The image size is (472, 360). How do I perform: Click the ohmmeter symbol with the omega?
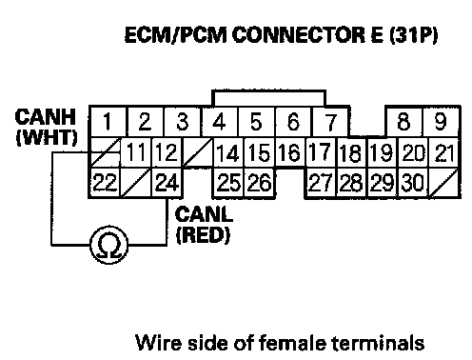[109, 245]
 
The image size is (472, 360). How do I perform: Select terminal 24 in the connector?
[167, 183]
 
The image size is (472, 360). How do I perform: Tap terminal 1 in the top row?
[108, 122]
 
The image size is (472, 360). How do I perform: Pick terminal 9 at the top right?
[441, 122]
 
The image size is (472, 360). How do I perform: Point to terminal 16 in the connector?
[290, 152]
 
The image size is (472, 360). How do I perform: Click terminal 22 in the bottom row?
[105, 183]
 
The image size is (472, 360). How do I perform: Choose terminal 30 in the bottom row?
[413, 183]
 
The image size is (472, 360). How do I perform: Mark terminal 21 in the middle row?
[443, 152]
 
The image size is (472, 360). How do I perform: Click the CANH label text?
[46, 117]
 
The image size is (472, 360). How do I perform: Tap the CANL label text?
[204, 214]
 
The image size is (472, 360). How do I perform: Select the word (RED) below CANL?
[203, 234]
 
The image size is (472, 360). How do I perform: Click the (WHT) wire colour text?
[47, 137]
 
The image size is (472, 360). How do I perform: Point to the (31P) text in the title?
[413, 34]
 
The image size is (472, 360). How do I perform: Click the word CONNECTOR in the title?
[298, 34]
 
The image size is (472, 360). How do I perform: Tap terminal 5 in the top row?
[256, 122]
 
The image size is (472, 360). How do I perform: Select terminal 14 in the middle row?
[228, 152]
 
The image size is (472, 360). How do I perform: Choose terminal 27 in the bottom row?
[321, 183]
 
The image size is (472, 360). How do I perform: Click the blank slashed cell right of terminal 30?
[443, 183]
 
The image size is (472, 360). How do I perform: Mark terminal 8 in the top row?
[403, 122]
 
